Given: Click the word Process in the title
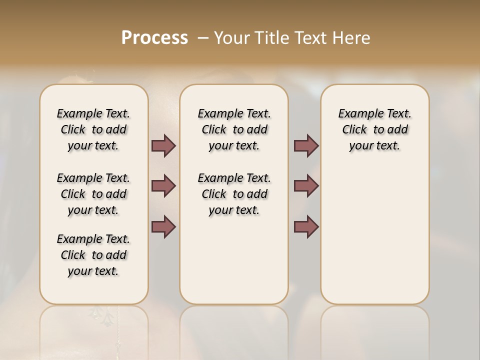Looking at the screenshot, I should coord(154,37).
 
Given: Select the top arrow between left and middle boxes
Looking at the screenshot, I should coord(163,146).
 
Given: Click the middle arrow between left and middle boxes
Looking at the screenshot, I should coord(163,186).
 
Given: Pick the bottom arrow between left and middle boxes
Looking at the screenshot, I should coord(163,226).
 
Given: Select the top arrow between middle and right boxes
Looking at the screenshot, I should coord(306,146).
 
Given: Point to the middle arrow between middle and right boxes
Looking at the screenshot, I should coord(306,186).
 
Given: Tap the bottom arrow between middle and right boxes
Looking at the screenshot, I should coord(306,226).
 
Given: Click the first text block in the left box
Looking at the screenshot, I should coord(93,129).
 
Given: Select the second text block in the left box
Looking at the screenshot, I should coord(93,194).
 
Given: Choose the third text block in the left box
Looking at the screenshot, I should coord(93,255).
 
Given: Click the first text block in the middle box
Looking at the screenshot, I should coord(234,129).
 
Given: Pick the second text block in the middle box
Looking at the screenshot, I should coord(234,194).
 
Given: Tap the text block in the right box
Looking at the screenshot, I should coord(374,129).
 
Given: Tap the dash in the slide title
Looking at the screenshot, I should coord(203,37).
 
